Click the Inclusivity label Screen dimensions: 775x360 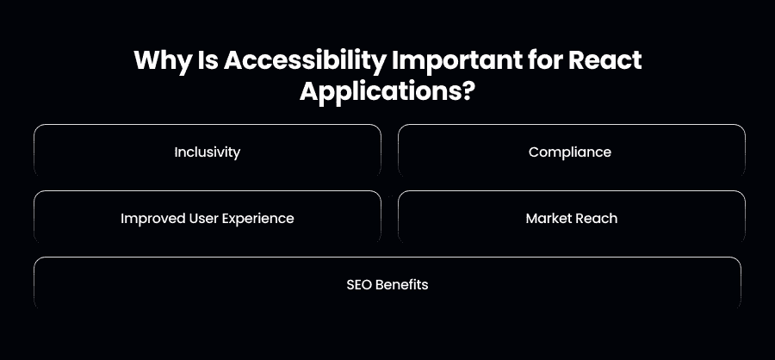pyautogui.click(x=207, y=152)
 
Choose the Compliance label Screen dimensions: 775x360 pyautogui.click(x=570, y=152)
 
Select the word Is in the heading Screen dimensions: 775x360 pyautogui.click(x=207, y=60)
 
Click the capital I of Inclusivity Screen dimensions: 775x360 pyautogui.click(x=176, y=152)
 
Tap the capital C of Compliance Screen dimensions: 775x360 pyautogui.click(x=534, y=152)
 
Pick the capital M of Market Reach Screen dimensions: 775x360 pyautogui.click(x=532, y=218)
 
